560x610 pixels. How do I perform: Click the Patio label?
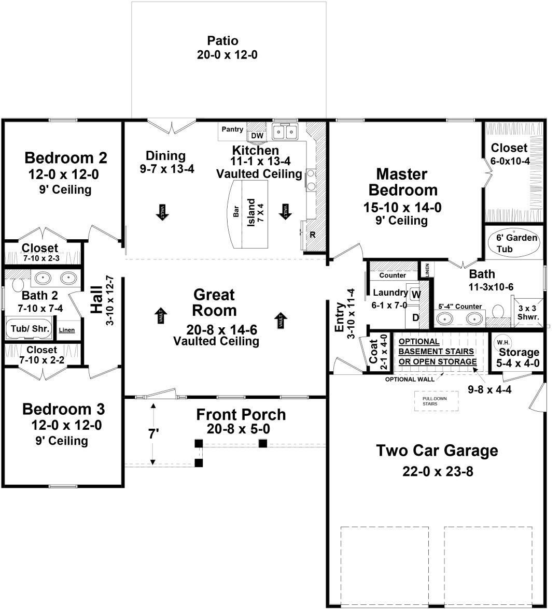coord(223,41)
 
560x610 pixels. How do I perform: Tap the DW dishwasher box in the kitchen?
coord(257,136)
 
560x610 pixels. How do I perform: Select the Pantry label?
coord(232,129)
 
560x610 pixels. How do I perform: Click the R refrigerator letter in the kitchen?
coord(313,235)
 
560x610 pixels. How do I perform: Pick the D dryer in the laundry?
coord(415,317)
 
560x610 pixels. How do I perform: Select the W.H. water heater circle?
coord(502,342)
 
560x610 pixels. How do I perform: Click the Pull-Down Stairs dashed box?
coord(436,401)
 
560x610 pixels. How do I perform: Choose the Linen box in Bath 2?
coord(66,330)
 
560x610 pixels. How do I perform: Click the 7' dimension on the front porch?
coord(153,434)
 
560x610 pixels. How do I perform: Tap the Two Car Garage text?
coord(437,451)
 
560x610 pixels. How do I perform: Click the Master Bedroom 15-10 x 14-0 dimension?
coord(402,208)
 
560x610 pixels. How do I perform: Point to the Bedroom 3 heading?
coord(63,409)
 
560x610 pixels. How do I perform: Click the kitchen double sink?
coord(286,133)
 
